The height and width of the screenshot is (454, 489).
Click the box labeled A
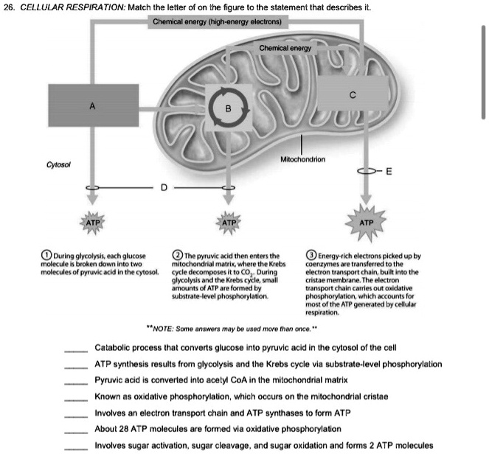91,108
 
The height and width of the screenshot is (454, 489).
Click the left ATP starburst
92,221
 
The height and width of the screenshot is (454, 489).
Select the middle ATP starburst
229,221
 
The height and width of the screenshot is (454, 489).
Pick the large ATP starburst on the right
366,221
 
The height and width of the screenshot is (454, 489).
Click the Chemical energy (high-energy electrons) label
215,21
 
